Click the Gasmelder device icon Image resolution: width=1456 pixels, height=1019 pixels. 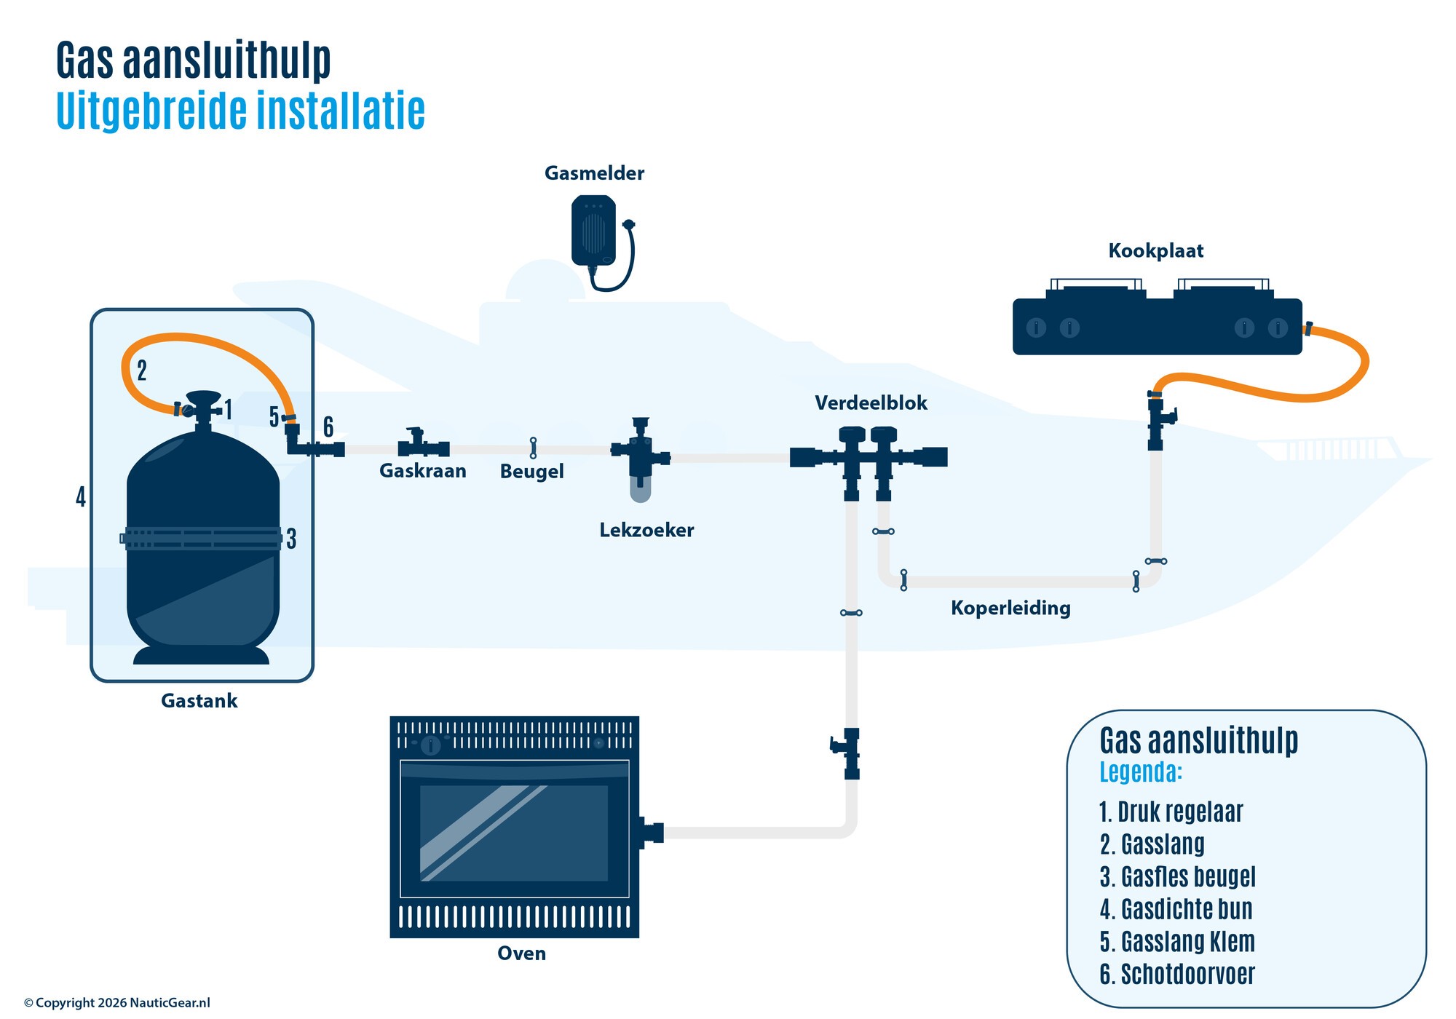[594, 230]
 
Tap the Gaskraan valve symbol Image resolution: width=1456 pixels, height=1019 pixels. [422, 445]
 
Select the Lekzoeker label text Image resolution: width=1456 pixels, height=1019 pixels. [646, 531]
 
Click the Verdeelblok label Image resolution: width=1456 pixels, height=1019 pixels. [871, 403]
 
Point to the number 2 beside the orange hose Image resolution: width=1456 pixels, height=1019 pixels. [142, 370]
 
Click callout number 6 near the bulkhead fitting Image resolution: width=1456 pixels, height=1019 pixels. [328, 427]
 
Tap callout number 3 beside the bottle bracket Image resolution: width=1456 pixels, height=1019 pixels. [291, 539]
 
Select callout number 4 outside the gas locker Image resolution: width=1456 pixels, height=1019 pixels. [81, 497]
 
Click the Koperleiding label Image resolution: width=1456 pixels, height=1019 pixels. [1010, 608]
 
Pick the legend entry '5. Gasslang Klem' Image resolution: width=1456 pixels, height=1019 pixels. [1177, 942]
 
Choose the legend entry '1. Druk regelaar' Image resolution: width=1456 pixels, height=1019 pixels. [1171, 812]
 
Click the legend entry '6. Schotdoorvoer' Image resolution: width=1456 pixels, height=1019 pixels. [1177, 975]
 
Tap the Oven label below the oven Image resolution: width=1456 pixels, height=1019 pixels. [521, 953]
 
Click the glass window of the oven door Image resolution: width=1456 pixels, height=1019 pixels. [514, 832]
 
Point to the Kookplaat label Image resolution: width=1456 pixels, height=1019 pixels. [1155, 251]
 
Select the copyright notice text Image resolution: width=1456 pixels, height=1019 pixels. [116, 1003]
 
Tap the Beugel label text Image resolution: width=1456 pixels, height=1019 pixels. [531, 472]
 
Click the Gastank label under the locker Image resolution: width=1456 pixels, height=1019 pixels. [199, 701]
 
